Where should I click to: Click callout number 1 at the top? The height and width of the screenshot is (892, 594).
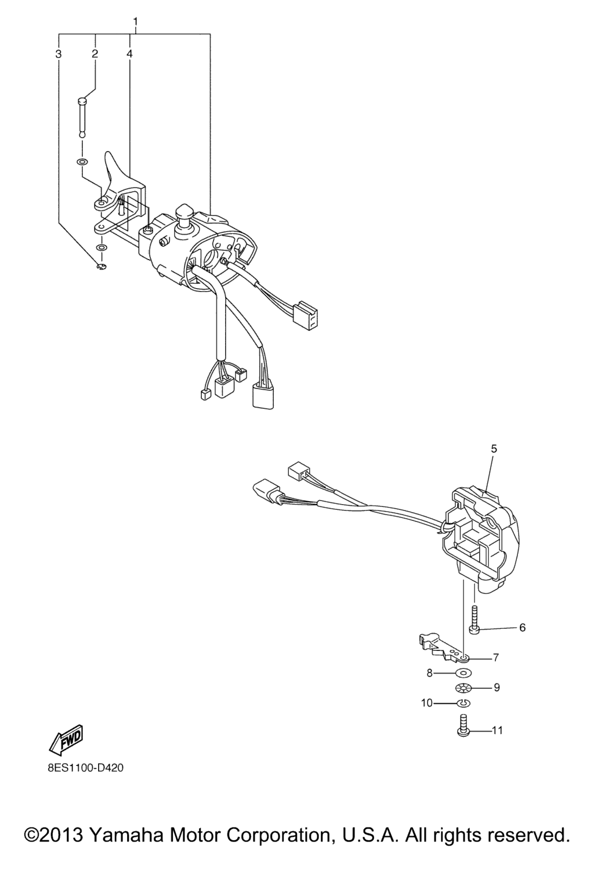[x=136, y=21]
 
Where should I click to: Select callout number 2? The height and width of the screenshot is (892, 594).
[x=95, y=54]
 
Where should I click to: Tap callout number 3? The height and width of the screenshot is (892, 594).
[x=59, y=54]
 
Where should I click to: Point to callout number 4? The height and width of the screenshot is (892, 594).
[x=129, y=54]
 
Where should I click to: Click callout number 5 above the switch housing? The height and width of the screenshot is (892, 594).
[x=494, y=449]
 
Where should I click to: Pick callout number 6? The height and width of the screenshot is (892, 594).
[x=523, y=628]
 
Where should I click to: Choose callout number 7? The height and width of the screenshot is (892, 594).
[x=496, y=657]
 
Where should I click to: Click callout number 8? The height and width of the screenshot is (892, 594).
[x=429, y=672]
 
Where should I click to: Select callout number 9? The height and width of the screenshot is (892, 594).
[x=497, y=688]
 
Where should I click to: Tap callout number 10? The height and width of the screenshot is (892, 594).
[x=427, y=703]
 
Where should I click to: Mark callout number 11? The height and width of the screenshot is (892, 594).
[x=497, y=731]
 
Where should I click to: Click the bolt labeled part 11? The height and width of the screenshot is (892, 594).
[x=462, y=725]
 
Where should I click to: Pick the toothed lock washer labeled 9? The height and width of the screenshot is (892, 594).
[x=463, y=688]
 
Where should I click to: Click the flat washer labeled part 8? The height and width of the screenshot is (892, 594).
[x=463, y=672]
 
